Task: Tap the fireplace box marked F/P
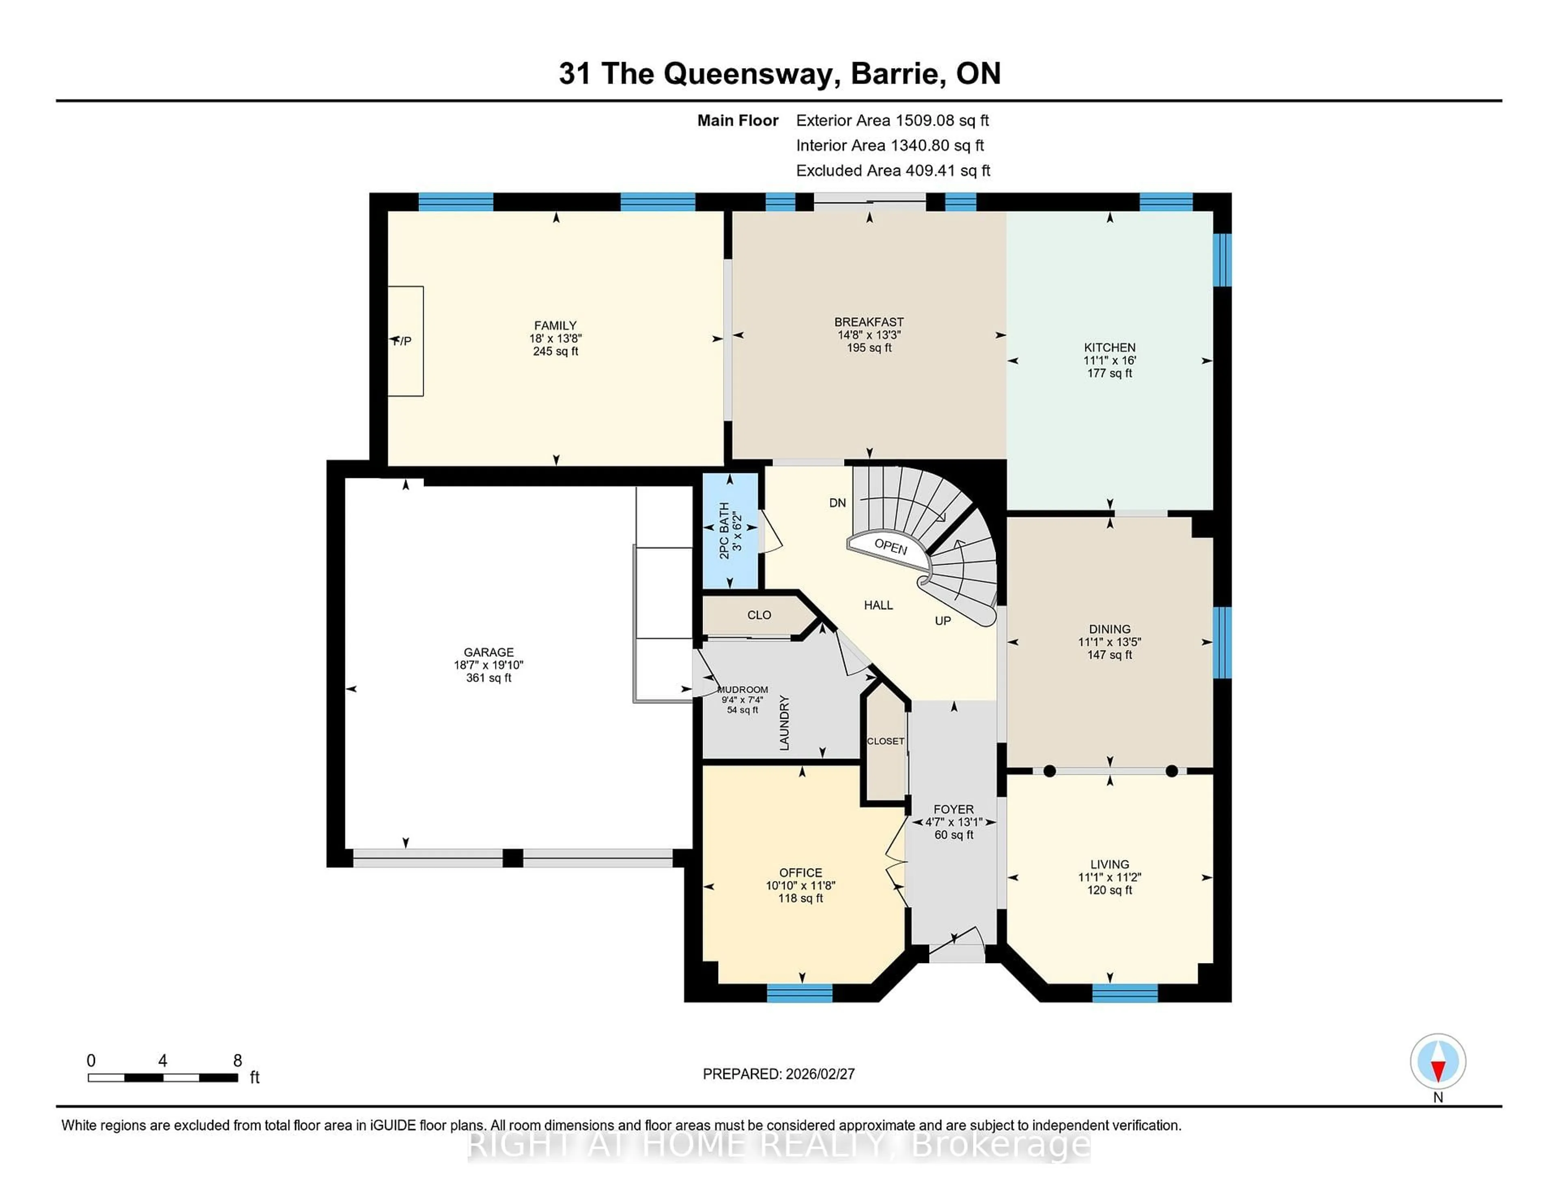(405, 341)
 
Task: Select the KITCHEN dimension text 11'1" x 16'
(1109, 360)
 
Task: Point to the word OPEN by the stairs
(890, 547)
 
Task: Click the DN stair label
(837, 503)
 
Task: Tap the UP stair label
(943, 621)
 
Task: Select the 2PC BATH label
(724, 530)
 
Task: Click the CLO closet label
(759, 615)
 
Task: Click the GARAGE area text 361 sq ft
(488, 677)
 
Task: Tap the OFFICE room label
(801, 872)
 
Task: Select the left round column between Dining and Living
(1049, 771)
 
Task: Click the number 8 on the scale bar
(237, 1061)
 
